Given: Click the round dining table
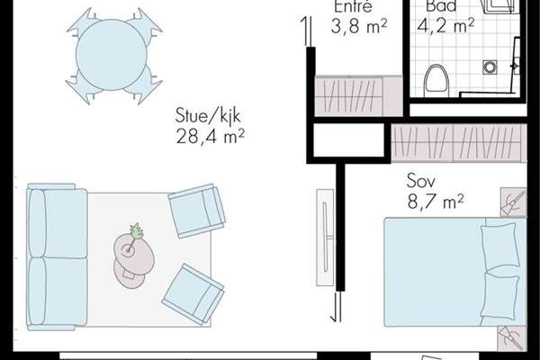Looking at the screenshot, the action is [112, 55].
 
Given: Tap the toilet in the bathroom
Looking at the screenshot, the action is [437, 81].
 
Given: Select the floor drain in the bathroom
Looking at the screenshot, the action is [490, 67].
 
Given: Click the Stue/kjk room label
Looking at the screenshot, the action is [208, 116].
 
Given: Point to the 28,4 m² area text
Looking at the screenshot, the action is [210, 136].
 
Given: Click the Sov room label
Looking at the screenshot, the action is [420, 181].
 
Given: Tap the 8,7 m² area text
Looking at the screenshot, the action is [436, 202].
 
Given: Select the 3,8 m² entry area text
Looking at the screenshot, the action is [359, 26].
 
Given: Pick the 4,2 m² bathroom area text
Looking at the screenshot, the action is [445, 25].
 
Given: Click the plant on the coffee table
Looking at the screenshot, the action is [137, 230].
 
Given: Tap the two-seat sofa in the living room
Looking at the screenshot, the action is [57, 257].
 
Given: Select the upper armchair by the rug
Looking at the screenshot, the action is [196, 211].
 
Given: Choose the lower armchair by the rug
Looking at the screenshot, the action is [193, 294].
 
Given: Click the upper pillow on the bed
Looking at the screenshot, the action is [500, 246].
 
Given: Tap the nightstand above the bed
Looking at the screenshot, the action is [513, 202].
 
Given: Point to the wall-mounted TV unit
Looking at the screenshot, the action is [325, 238].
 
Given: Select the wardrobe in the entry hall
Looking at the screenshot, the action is [358, 95].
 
